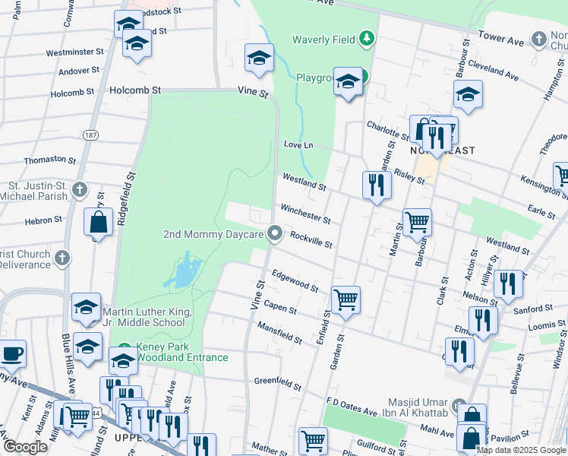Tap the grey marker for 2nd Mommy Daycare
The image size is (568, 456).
275,234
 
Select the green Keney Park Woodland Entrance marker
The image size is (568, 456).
124,351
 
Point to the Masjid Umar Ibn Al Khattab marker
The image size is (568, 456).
458,405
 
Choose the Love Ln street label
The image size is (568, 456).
298,144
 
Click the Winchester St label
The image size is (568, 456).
305,214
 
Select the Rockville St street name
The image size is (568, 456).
311,240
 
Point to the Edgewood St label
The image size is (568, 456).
295,280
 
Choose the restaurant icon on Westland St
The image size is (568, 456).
377,184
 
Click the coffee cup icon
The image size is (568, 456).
12,354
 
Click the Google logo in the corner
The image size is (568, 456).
25,447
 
